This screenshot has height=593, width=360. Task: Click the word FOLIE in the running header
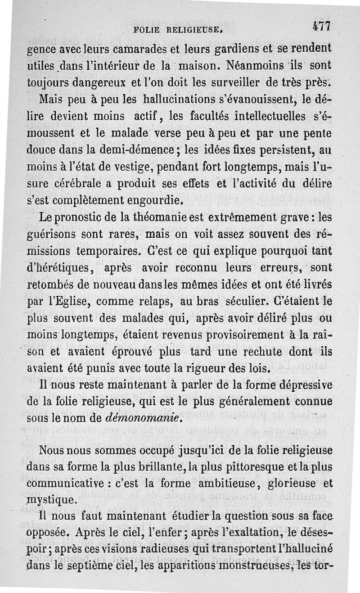[x=147, y=31]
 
